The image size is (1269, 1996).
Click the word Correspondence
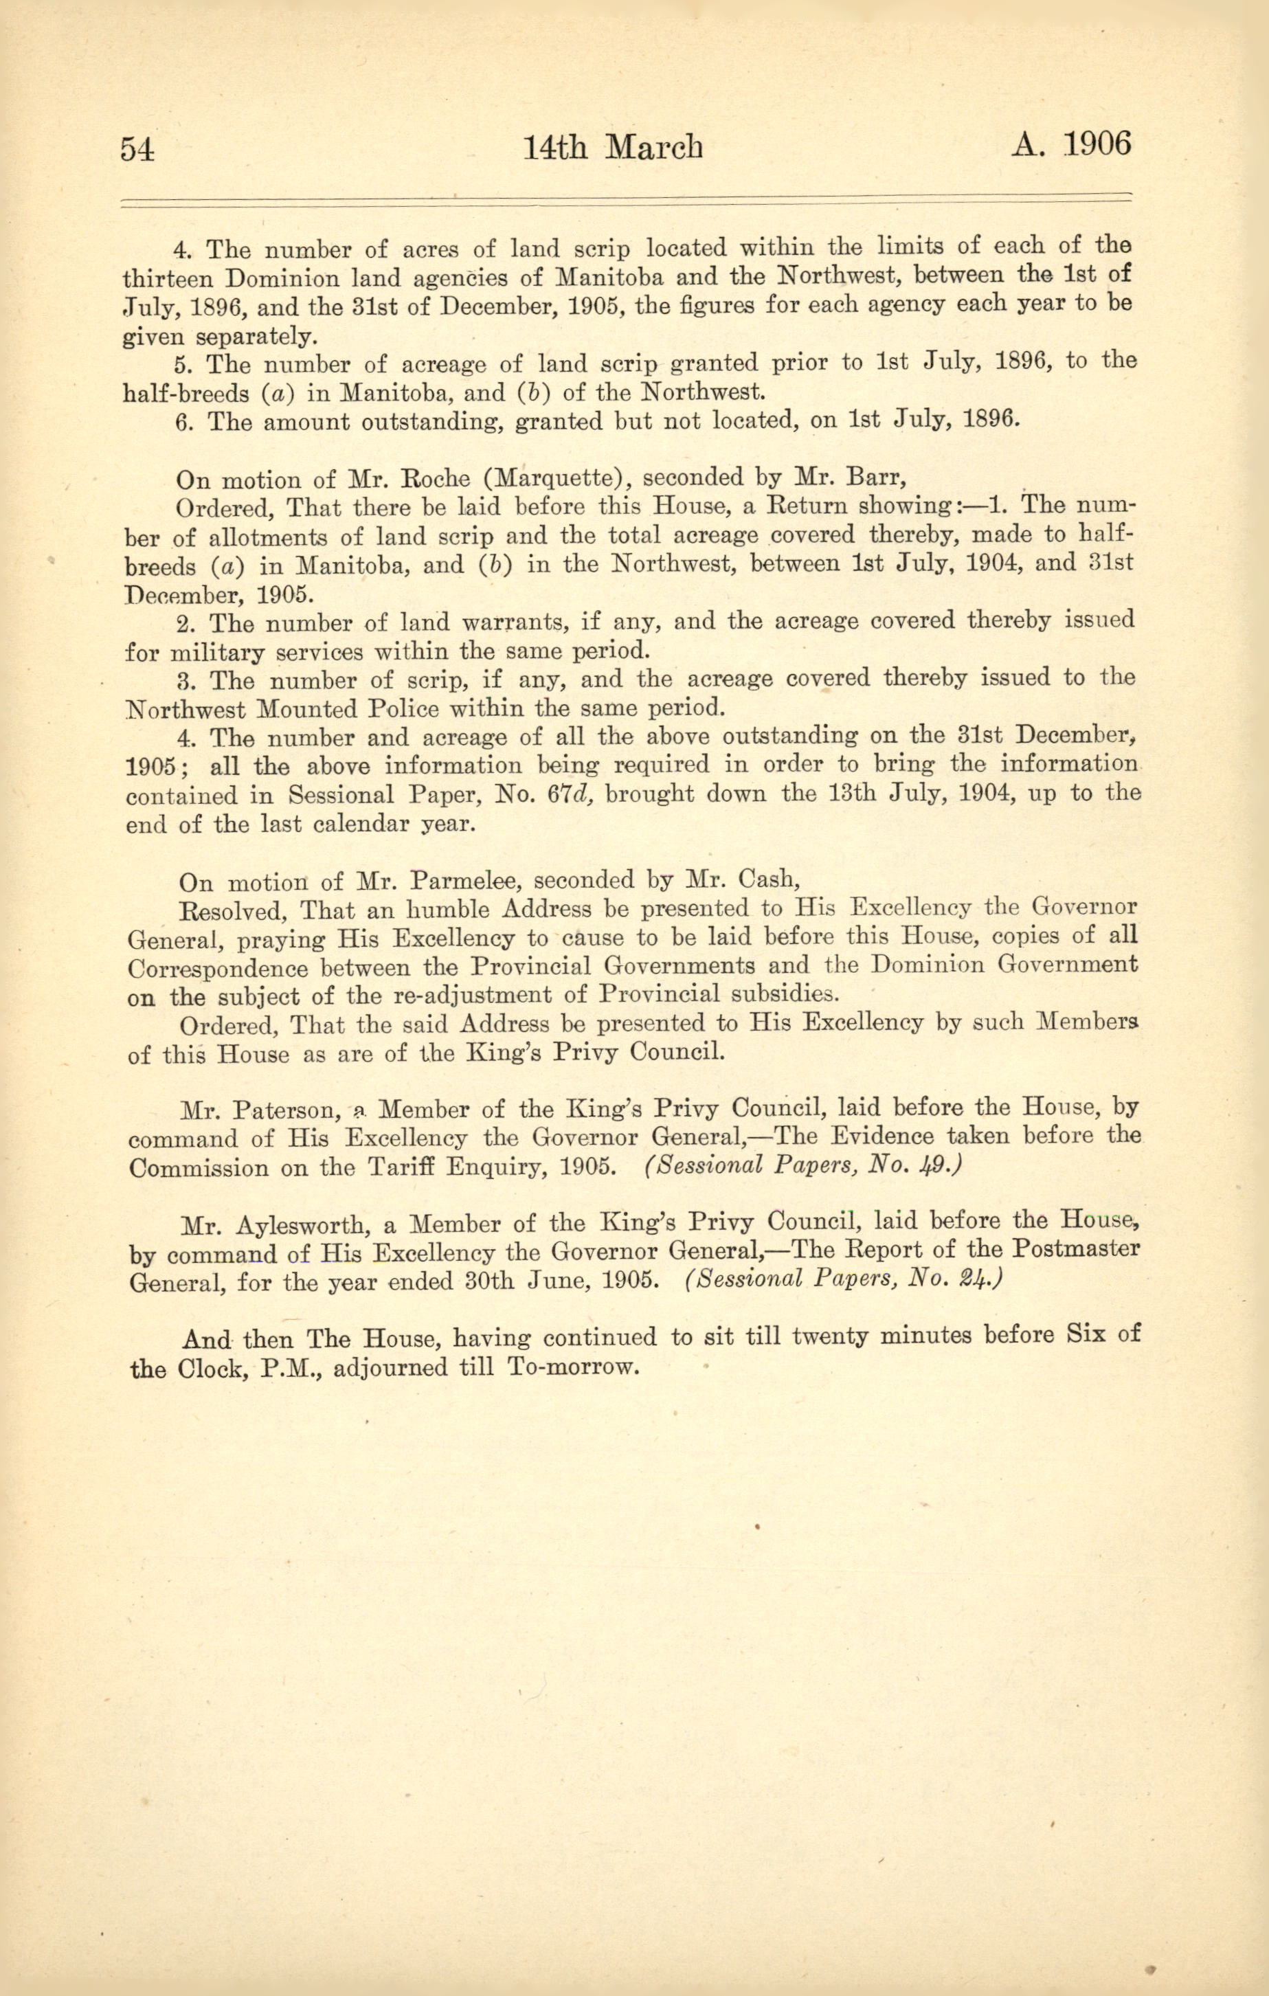217,968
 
